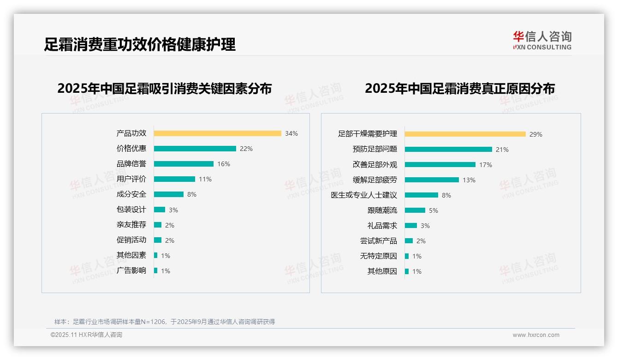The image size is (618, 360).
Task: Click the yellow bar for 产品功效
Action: pos(217,133)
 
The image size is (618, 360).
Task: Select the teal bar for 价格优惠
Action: pos(195,149)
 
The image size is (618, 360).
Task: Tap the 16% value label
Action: pos(224,164)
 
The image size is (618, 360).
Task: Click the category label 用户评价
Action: pos(131,179)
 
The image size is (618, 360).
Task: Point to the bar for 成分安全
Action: pos(168,194)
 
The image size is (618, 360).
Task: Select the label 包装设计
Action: pos(131,210)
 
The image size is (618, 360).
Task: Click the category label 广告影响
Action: pos(131,270)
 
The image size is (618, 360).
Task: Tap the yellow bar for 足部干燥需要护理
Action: pos(465,134)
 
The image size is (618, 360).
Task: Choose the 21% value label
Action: pos(502,150)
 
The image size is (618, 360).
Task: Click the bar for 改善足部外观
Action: pos(440,164)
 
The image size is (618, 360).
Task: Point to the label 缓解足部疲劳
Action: pos(374,180)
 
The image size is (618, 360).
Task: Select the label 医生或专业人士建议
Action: pos(363,195)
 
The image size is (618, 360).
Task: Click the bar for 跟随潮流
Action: pos(415,210)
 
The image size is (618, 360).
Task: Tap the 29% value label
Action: pos(535,134)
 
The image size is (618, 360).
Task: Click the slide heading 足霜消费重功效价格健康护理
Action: pos(139,44)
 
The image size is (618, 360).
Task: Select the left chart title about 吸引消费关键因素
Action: pos(164,88)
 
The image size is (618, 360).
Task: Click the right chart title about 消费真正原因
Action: pos(459,88)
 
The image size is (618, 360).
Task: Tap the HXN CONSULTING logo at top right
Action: pos(542,41)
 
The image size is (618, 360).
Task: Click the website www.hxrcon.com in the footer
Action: pos(535,335)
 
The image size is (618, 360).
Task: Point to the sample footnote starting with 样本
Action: pos(164,322)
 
